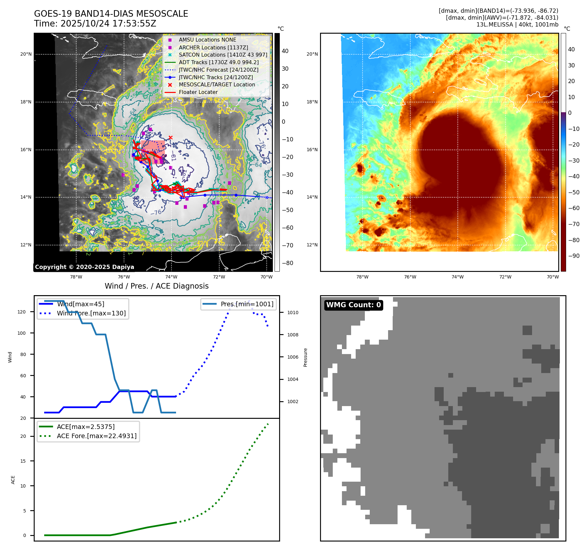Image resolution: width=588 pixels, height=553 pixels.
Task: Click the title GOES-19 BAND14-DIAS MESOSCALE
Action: (111, 14)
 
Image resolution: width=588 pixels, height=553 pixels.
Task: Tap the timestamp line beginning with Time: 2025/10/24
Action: (95, 24)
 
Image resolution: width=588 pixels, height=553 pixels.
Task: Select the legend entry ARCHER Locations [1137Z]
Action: (213, 47)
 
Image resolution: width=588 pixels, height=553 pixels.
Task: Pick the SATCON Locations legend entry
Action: (223, 55)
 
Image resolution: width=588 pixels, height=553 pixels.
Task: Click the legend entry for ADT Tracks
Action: (219, 62)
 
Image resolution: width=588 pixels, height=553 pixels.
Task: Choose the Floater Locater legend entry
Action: (198, 92)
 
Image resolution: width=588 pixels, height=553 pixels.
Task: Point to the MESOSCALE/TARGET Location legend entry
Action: (217, 84)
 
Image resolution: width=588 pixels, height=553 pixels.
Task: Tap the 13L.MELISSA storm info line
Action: (517, 25)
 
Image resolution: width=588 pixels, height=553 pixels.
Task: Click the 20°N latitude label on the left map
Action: (26, 54)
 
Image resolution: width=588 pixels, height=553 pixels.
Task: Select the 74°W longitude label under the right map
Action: (457, 277)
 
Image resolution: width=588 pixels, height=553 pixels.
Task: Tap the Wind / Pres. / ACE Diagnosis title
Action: (156, 286)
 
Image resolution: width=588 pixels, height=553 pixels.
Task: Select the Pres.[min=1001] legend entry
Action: (247, 304)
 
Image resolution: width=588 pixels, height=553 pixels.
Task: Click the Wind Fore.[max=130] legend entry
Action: (91, 313)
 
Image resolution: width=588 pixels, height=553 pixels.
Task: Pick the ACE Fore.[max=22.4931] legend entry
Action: (97, 436)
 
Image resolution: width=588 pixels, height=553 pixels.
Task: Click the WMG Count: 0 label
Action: (353, 305)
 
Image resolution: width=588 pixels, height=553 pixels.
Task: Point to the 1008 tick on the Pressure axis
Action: (293, 335)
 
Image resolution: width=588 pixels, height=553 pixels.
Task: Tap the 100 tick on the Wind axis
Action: (22, 333)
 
